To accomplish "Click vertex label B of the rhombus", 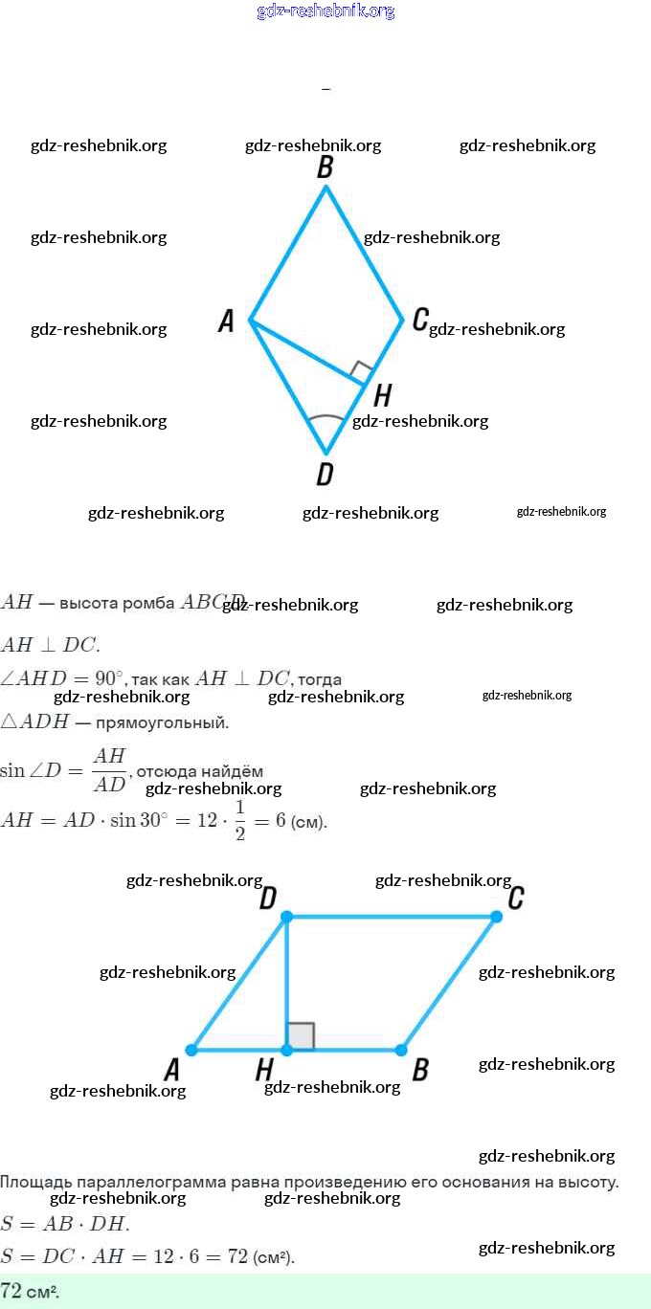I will point(325,167).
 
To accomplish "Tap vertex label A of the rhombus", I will point(226,321).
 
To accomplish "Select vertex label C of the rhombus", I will point(419,320).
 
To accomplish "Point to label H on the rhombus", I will point(382,395).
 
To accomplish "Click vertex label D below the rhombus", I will point(325,473).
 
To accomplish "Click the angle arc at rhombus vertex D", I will point(325,419).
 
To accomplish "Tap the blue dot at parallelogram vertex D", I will point(286,917).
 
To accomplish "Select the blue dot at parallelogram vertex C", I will point(496,917).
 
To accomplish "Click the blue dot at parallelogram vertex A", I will point(191,1050).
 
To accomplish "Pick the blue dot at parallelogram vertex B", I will point(400,1050).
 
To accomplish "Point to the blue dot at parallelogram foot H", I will point(286,1050).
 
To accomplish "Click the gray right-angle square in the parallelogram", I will point(301,1036).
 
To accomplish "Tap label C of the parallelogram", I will point(515,898).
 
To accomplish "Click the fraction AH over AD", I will point(109,770).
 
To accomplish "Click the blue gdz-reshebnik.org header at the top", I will point(325,11).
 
